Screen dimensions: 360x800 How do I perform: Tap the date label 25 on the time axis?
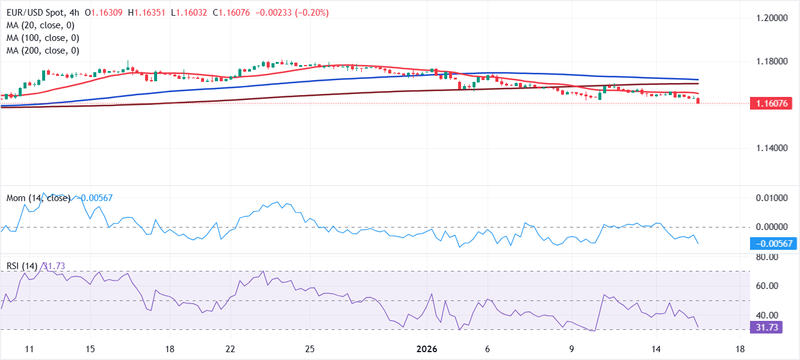click(309, 349)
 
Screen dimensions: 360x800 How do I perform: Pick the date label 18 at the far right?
click(740, 349)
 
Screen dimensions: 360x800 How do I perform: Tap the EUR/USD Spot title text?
click(36, 13)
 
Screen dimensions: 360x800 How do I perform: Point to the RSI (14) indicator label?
click(20, 266)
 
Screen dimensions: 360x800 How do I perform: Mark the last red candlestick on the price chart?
click(698, 101)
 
